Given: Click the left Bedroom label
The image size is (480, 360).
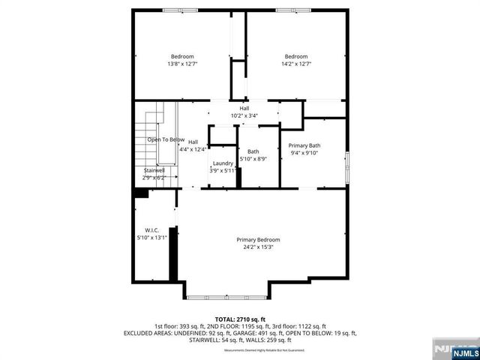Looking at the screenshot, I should click(x=182, y=57).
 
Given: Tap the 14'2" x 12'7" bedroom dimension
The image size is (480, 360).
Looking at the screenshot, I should click(x=295, y=64).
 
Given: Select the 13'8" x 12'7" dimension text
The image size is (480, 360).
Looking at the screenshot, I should click(x=182, y=64).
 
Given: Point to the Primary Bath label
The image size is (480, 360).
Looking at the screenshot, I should click(x=304, y=145).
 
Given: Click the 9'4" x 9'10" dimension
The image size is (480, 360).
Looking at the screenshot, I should click(x=304, y=153).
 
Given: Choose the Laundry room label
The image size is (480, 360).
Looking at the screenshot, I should click(x=223, y=163).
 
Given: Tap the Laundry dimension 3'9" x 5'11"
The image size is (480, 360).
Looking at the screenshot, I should click(x=223, y=171).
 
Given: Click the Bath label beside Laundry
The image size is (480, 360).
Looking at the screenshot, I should click(x=253, y=151).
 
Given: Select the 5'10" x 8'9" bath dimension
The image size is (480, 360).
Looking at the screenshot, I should click(x=253, y=159).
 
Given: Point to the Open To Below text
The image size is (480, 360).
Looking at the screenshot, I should click(x=166, y=139).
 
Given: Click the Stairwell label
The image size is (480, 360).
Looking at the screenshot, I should click(x=155, y=170).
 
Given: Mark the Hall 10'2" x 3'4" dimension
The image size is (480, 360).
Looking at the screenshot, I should click(x=244, y=115).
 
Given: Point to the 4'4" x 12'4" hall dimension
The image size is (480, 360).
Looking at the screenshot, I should click(x=193, y=149).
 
